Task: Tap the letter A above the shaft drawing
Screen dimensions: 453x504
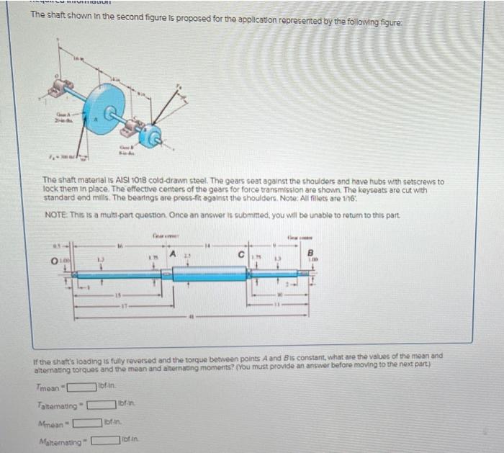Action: (x=174, y=251)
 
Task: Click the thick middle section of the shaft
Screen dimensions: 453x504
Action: (x=209, y=274)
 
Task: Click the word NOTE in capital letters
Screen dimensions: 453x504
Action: (x=55, y=216)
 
